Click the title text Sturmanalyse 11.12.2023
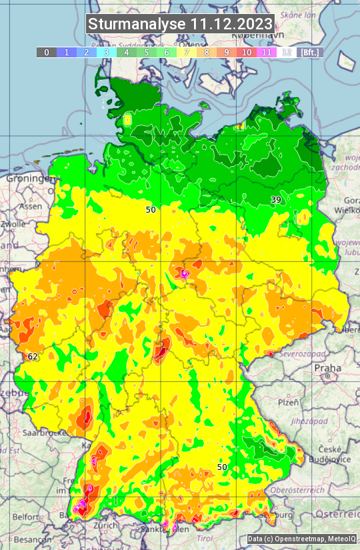(x=180, y=24)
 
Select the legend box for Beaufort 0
(x=46, y=52)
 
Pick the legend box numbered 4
(x=126, y=52)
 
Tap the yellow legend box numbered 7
(x=187, y=52)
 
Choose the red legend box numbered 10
(x=247, y=52)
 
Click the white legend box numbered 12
(x=287, y=52)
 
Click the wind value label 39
(x=276, y=199)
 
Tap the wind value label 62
(x=33, y=357)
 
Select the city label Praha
(x=327, y=368)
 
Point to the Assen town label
(x=29, y=207)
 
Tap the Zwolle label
(x=13, y=225)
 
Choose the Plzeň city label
(x=287, y=403)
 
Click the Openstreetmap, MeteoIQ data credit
(x=301, y=539)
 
